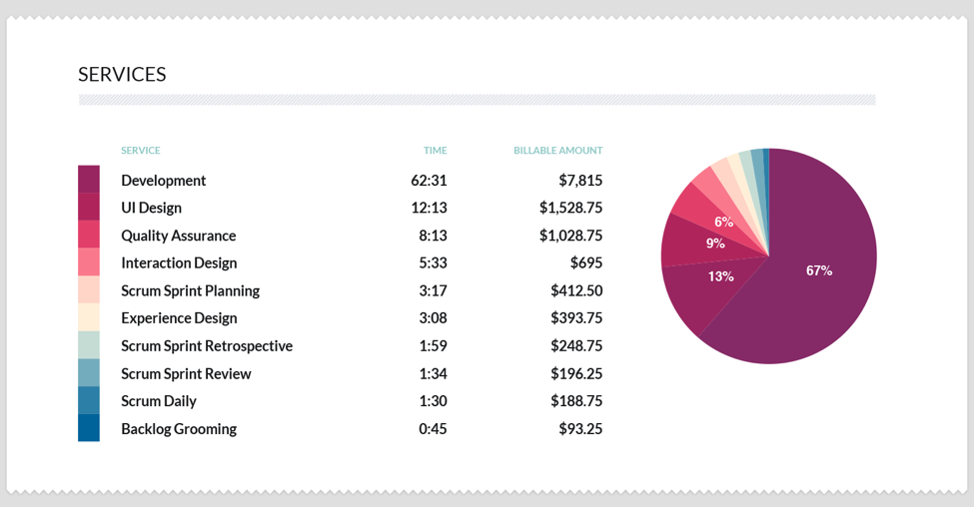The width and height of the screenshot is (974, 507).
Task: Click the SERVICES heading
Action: pos(122,75)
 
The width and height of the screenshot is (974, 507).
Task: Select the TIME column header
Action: pos(435,151)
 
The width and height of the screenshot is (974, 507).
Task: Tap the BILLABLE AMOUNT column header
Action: pos(557,151)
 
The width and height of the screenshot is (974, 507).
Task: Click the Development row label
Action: pos(163,181)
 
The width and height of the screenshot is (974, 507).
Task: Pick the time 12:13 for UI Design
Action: pos(430,208)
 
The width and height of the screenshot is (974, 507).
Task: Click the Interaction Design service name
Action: pos(179,263)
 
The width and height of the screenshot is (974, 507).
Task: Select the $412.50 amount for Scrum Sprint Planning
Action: pos(576,291)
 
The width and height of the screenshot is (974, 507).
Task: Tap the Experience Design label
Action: pos(179,318)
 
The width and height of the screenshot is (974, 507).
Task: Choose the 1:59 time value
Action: pos(433,346)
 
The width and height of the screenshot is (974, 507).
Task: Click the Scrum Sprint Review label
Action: pos(186,374)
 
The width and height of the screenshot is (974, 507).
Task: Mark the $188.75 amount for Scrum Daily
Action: pos(576,401)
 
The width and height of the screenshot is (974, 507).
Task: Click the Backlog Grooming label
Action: pos(179,429)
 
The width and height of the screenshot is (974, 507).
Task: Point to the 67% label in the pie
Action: pos(819,270)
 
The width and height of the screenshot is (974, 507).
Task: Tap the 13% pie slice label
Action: pos(721,276)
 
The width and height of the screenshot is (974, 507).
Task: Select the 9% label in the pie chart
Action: pos(715,243)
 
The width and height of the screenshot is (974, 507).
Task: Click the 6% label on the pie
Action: pos(723,222)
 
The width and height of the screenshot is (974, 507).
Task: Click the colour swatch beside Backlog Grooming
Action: pos(89,428)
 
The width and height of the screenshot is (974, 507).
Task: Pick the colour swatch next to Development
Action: pos(89,180)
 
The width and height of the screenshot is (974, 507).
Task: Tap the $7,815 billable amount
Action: pos(580,181)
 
